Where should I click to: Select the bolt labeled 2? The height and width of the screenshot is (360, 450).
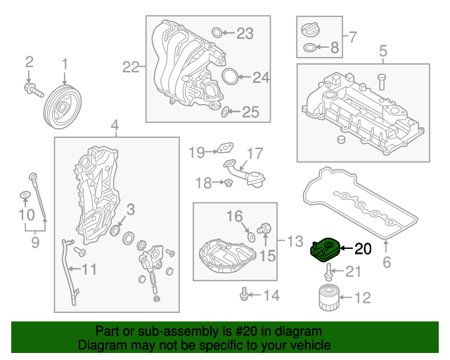pyautogui.click(x=32, y=90)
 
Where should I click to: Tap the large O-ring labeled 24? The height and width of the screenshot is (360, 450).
pyautogui.click(x=229, y=77)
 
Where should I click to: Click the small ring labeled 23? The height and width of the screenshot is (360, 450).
pyautogui.click(x=217, y=32)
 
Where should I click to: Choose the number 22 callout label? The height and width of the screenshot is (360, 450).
pyautogui.click(x=130, y=67)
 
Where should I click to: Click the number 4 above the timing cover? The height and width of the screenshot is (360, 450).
pyautogui.click(x=115, y=126)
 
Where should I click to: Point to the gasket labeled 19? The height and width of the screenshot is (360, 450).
pyautogui.click(x=224, y=149)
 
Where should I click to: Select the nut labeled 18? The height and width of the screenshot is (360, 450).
pyautogui.click(x=229, y=184)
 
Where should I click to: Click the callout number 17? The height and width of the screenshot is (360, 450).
pyautogui.click(x=254, y=152)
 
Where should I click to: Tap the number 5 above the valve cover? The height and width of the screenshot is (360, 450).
pyautogui.click(x=383, y=51)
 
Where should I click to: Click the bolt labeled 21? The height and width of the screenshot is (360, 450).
pyautogui.click(x=331, y=273)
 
